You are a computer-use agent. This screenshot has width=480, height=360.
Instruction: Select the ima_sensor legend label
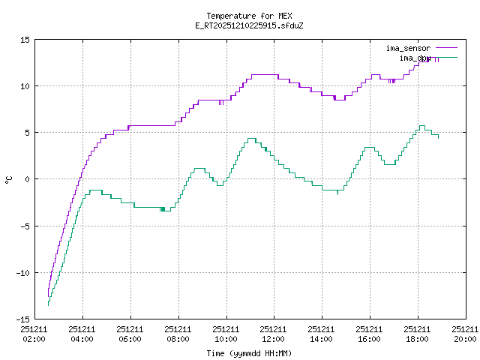408,48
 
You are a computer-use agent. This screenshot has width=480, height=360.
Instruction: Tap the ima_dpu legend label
415,58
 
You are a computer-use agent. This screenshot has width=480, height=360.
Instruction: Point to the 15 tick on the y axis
25,40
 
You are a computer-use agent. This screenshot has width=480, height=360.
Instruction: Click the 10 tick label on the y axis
25,86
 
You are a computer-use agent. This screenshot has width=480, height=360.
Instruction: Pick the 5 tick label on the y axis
27,133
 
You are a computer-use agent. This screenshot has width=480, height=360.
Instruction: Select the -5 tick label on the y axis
25,226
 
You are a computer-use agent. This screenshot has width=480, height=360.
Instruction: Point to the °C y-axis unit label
9,179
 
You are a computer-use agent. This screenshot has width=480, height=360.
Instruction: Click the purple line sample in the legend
445,48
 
